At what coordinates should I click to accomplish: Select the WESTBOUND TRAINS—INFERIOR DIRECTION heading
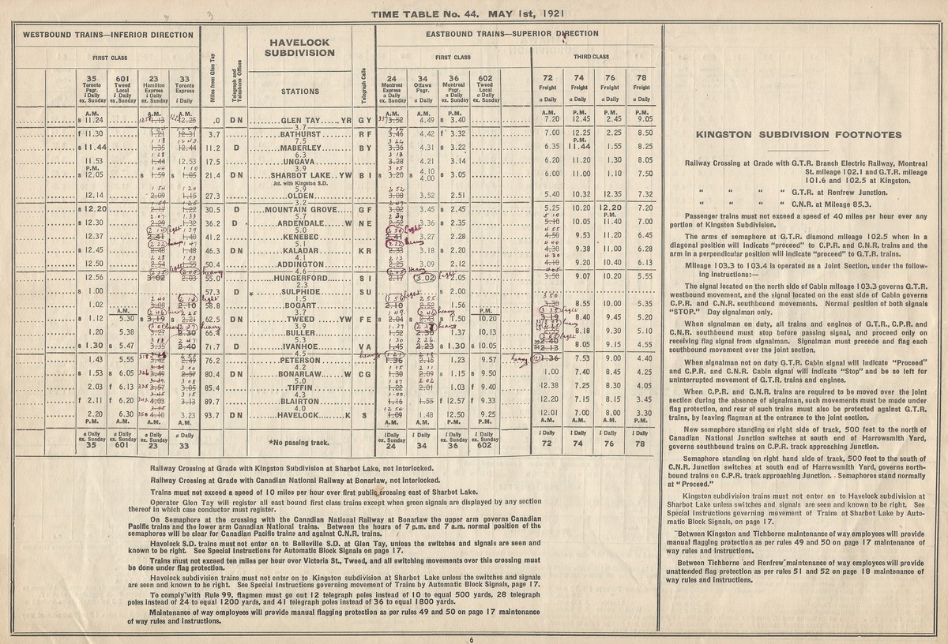point(108,35)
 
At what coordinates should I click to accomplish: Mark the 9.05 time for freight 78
point(643,120)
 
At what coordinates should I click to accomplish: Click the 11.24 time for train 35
point(96,121)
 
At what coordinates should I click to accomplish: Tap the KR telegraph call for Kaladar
point(364,250)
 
